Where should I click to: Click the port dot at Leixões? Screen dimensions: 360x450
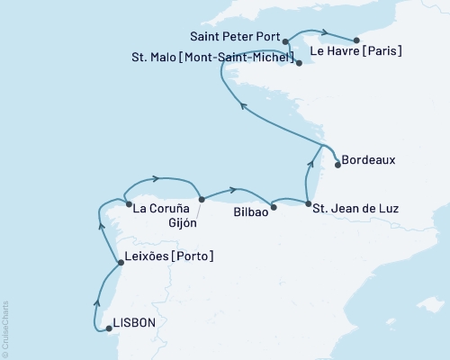click(x=121, y=263)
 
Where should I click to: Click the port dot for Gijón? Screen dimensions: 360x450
click(x=202, y=199)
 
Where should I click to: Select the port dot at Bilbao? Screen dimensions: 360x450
click(x=274, y=206)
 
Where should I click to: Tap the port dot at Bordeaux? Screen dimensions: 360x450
click(x=337, y=164)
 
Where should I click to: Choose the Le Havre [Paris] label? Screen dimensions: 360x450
click(x=361, y=51)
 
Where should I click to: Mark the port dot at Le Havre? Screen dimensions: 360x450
click(x=356, y=40)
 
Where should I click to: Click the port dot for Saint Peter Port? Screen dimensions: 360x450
click(x=285, y=41)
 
